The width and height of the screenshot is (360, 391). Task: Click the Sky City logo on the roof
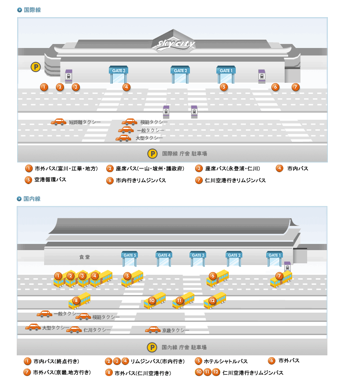176,44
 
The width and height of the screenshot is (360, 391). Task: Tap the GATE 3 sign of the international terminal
119,70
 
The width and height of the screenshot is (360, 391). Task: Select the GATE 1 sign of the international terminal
226,70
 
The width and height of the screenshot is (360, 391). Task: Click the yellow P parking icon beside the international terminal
36,67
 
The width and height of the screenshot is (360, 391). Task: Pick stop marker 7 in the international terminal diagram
296,87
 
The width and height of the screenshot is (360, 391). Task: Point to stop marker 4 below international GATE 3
126,87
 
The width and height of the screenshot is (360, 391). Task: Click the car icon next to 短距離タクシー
59,122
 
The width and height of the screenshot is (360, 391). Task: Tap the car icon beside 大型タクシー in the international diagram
123,138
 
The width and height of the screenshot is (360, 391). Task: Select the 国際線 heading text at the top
32,10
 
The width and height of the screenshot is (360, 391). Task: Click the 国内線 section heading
32,199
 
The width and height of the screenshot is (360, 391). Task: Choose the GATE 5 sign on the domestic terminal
130,255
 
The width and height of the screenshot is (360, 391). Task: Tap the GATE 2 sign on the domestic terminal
234,255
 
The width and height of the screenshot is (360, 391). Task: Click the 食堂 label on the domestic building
84,257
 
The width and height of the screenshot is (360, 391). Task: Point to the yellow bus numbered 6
218,278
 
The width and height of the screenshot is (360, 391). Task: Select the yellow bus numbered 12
215,301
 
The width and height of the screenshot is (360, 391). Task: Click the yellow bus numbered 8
80,301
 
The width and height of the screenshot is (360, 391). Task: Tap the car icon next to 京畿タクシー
153,330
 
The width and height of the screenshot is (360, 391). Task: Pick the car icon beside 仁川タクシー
74,329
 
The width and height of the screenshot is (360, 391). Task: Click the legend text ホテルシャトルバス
226,361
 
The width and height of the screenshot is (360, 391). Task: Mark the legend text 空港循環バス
50,180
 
